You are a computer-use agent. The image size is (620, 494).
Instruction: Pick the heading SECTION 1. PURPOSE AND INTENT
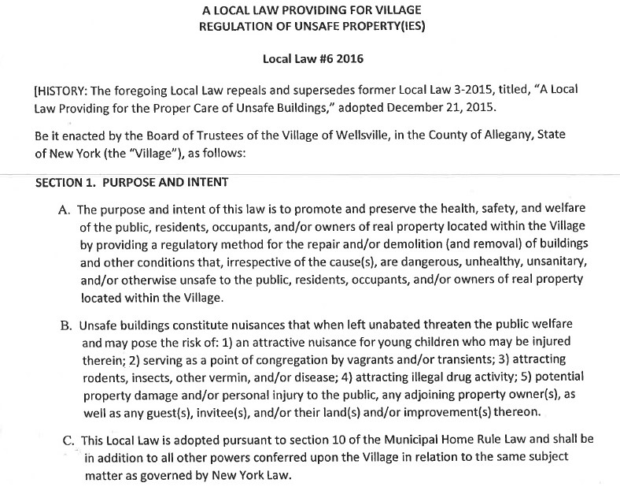click(x=132, y=183)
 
